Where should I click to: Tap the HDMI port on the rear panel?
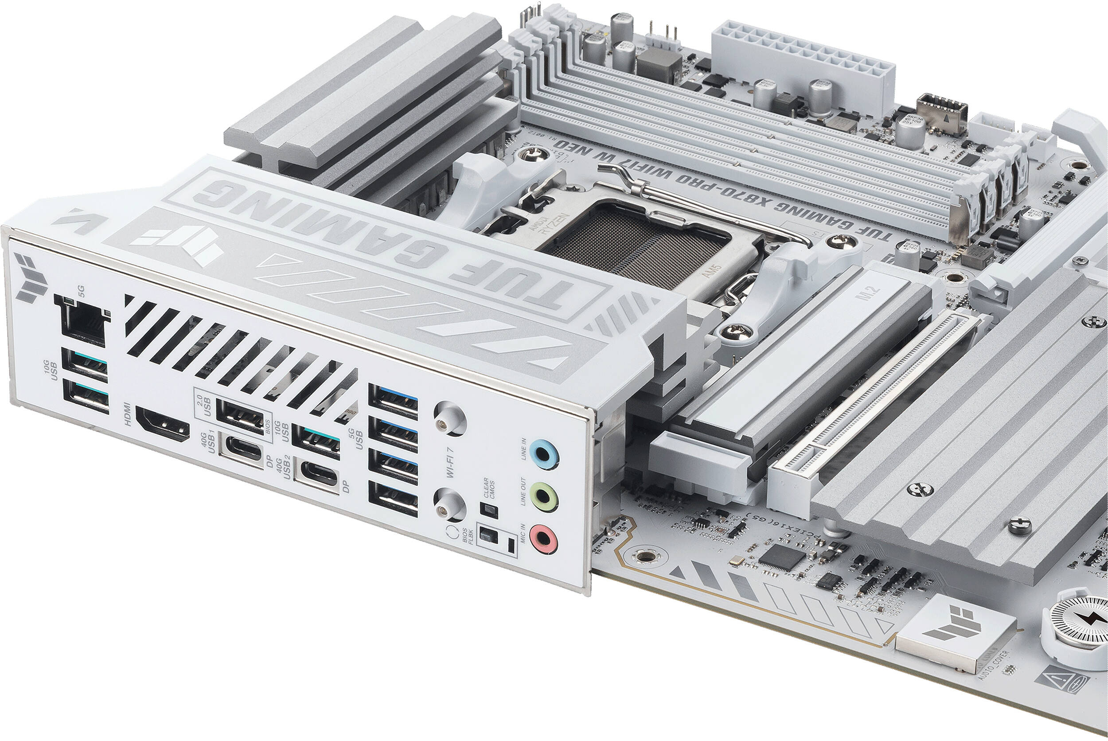pyautogui.click(x=163, y=425)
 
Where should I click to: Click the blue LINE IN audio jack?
pyautogui.click(x=544, y=454)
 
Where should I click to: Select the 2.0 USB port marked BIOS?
pyautogui.click(x=240, y=416)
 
